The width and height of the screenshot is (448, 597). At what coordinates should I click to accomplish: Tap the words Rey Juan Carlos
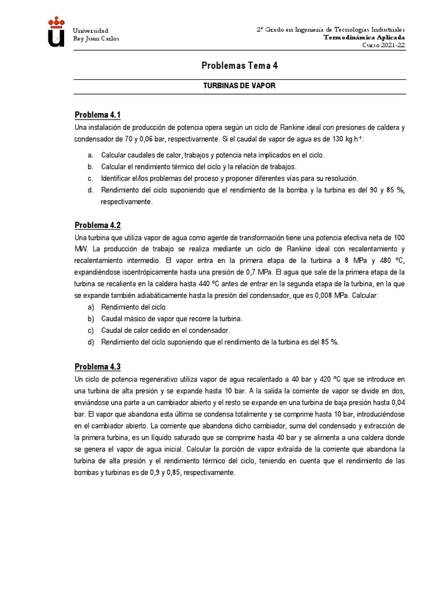tap(95, 39)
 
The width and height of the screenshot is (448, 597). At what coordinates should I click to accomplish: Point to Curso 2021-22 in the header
tap(383, 45)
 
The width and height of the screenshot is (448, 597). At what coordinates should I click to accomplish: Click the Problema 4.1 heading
tap(97, 114)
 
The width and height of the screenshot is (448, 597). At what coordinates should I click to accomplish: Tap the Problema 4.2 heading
tap(97, 225)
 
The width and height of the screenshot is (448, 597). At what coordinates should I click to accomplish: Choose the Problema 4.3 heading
tap(97, 367)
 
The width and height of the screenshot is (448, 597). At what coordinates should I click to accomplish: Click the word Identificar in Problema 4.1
tap(117, 178)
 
